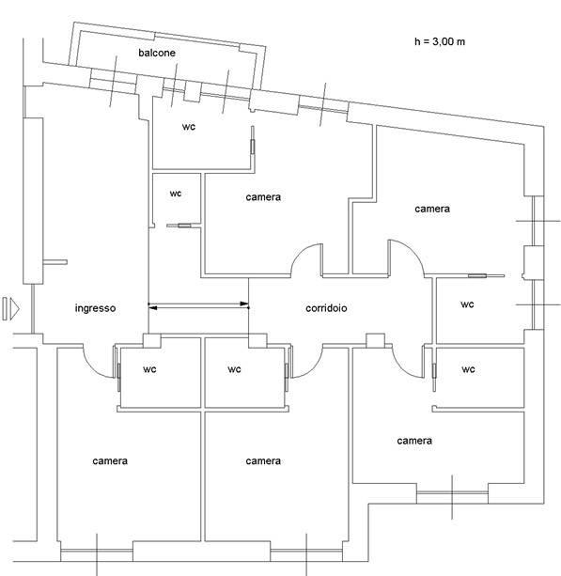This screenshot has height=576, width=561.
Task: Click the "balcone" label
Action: point(157,53)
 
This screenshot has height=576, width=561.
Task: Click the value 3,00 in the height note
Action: point(443,42)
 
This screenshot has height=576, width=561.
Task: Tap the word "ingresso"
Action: point(95,308)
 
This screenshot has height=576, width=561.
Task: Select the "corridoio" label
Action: point(326,308)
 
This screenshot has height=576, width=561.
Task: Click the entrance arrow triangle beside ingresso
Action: point(15,308)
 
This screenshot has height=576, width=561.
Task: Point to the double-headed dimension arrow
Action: point(198,305)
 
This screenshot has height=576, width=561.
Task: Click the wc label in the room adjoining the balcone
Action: point(189,127)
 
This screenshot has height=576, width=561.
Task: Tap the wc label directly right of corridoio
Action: point(467,304)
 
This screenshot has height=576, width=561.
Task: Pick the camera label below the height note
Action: point(432,209)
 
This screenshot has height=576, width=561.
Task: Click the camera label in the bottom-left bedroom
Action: point(110,461)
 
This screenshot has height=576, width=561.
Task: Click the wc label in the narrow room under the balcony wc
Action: point(175,194)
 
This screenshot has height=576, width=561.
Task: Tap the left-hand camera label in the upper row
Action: point(263,197)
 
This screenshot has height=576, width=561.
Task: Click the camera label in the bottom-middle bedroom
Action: point(263,461)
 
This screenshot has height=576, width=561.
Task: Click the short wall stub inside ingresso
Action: point(55,262)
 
